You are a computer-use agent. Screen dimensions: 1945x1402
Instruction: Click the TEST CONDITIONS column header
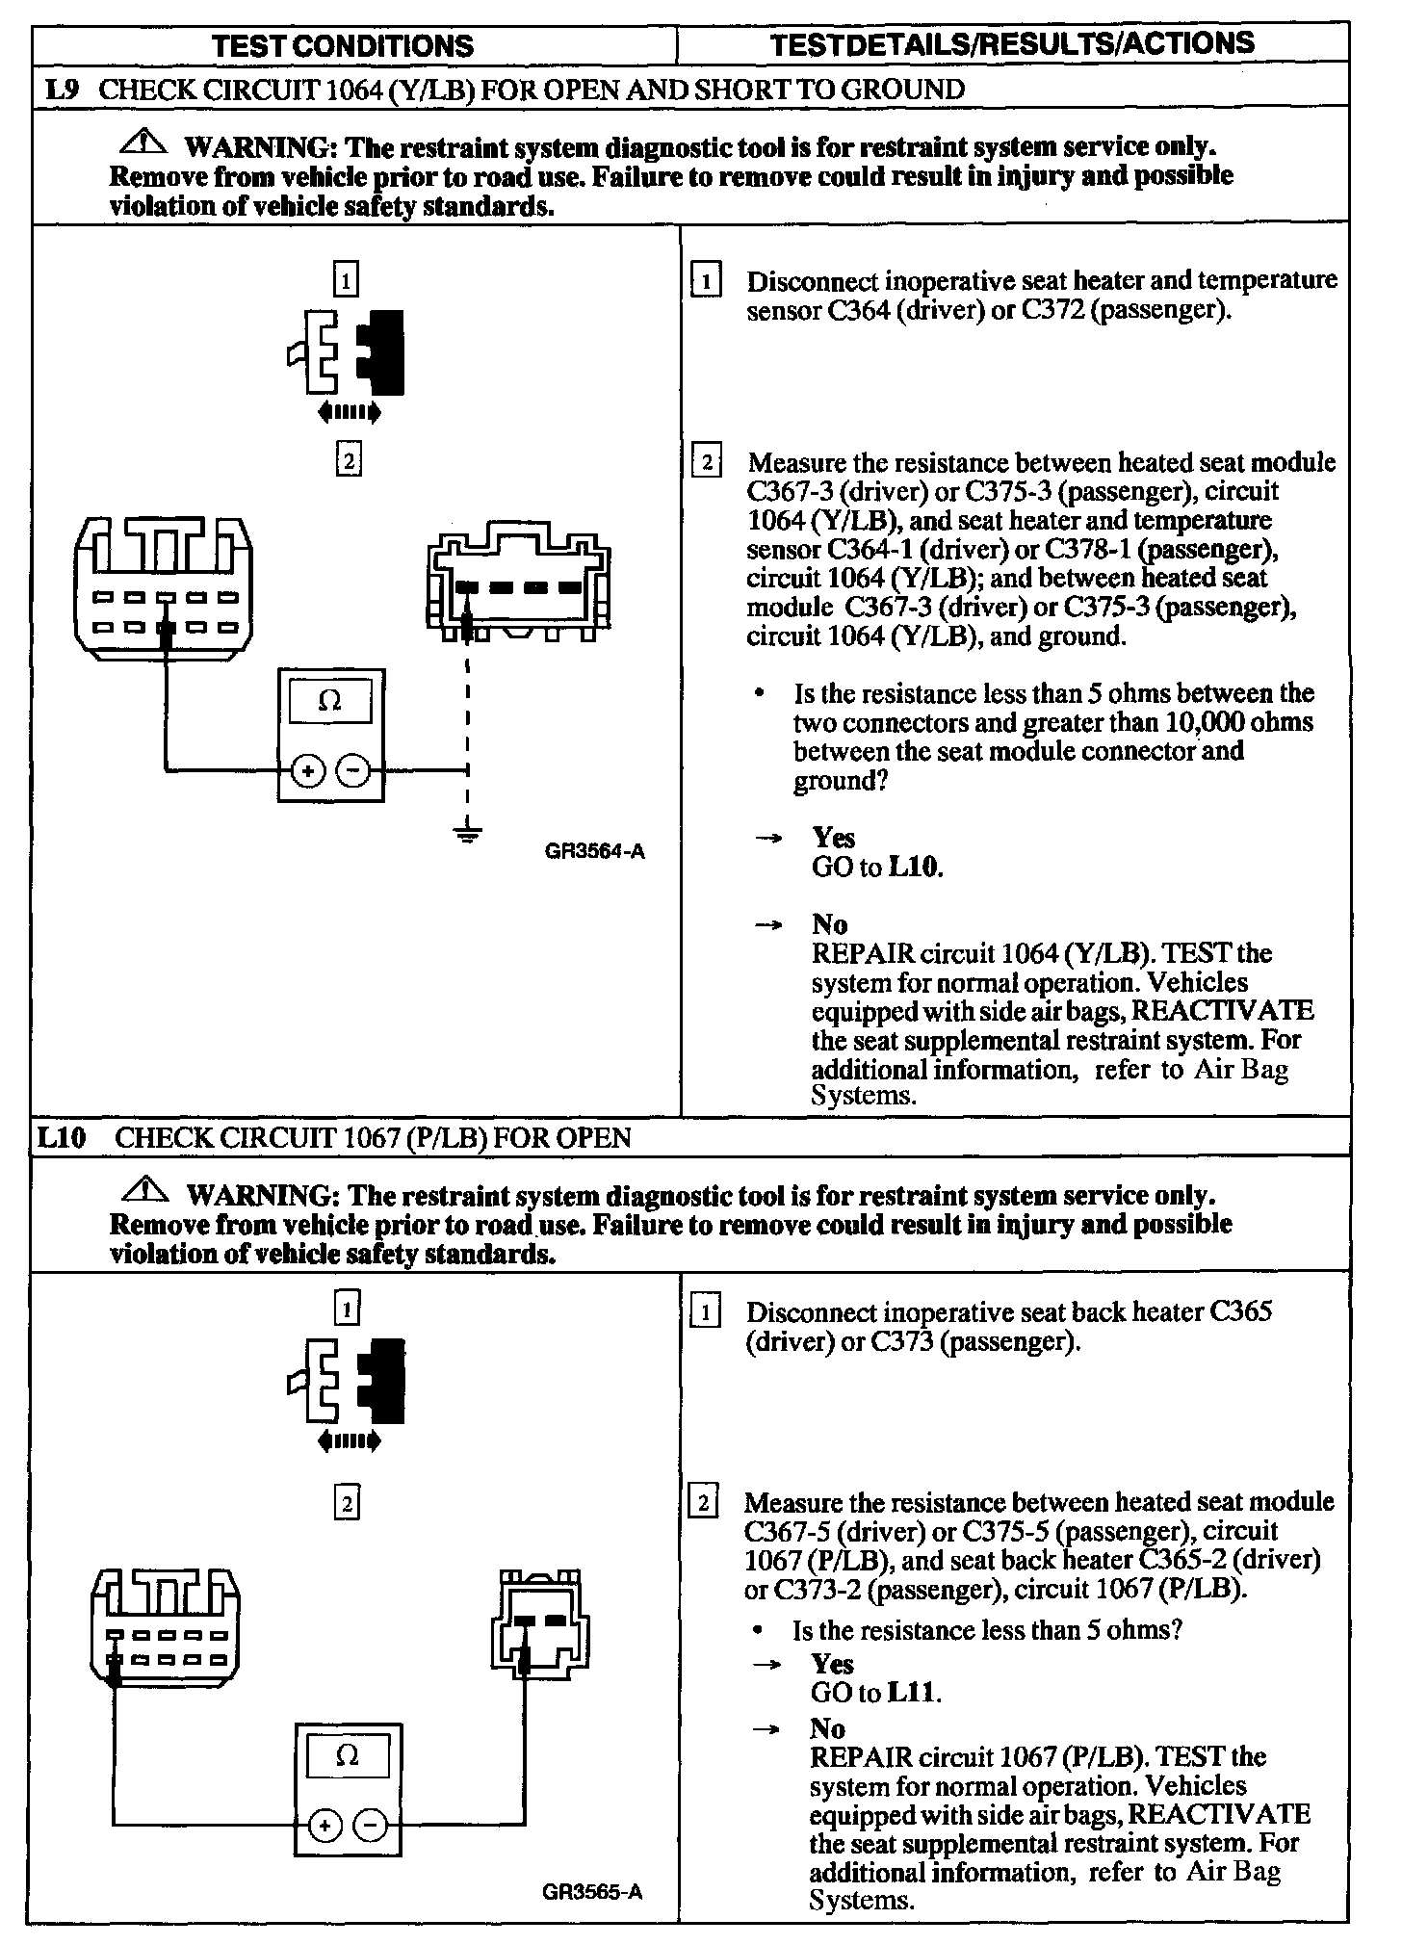point(343,45)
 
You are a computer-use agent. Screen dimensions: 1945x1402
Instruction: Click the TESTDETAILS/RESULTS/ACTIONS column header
point(1013,43)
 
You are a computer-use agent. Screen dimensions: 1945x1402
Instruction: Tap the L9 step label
point(62,91)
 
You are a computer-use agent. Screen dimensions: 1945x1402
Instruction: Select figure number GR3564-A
point(594,851)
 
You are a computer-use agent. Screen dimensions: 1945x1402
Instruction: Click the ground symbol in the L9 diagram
point(468,833)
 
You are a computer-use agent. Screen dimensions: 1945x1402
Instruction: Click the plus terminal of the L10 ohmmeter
point(325,1826)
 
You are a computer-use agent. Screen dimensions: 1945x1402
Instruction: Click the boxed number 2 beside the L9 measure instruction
point(707,462)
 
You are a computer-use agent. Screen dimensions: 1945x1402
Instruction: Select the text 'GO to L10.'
point(877,868)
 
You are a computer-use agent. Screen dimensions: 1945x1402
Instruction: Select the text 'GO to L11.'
point(875,1693)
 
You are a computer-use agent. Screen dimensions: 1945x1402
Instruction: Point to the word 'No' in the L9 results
point(829,924)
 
